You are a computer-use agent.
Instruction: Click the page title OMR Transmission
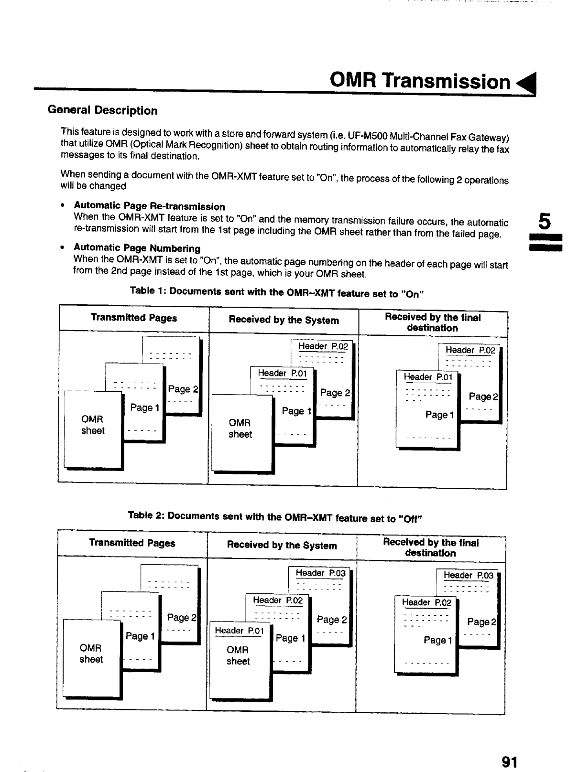pos(420,82)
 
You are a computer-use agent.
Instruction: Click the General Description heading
pos(102,110)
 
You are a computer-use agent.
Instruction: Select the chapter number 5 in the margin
pos(544,222)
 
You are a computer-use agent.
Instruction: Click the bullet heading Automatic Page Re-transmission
pos(149,206)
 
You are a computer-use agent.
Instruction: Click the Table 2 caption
pos(275,517)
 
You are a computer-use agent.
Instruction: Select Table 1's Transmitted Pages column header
pos(134,318)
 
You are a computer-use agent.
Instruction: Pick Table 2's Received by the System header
pos(282,545)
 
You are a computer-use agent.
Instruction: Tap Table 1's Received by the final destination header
pos(432,322)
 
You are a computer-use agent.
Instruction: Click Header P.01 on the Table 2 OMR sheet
pos(239,631)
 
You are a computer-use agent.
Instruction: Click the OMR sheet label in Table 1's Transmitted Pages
pos(93,425)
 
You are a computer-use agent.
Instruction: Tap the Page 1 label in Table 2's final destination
pos(438,640)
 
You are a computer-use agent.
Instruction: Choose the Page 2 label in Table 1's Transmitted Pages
pos(183,389)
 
